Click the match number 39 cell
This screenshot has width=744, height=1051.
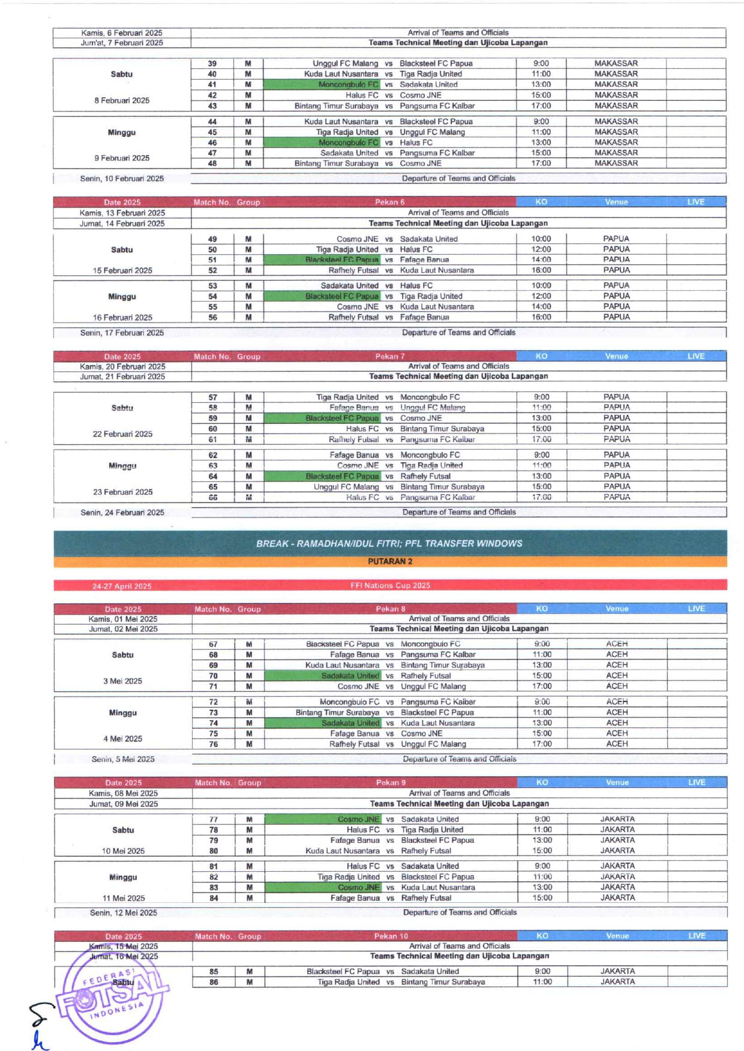[x=212, y=64]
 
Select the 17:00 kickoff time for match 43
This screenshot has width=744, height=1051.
[x=541, y=106]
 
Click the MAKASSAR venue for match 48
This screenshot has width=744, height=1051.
[x=616, y=163]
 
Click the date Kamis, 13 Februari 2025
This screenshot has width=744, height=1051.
[x=122, y=213]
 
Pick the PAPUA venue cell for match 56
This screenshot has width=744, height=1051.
[x=616, y=317]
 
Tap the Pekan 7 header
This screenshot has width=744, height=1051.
[x=390, y=356]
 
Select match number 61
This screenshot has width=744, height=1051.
[x=213, y=439]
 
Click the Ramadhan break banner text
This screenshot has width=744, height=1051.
[x=389, y=543]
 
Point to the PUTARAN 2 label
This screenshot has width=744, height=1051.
[x=390, y=562]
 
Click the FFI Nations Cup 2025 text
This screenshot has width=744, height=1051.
[x=390, y=585]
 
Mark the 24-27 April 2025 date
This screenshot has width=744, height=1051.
[x=122, y=586]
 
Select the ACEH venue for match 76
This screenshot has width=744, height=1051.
[x=617, y=744]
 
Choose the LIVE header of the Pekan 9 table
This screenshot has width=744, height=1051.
[x=697, y=782]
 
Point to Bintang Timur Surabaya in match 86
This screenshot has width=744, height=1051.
[x=443, y=982]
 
